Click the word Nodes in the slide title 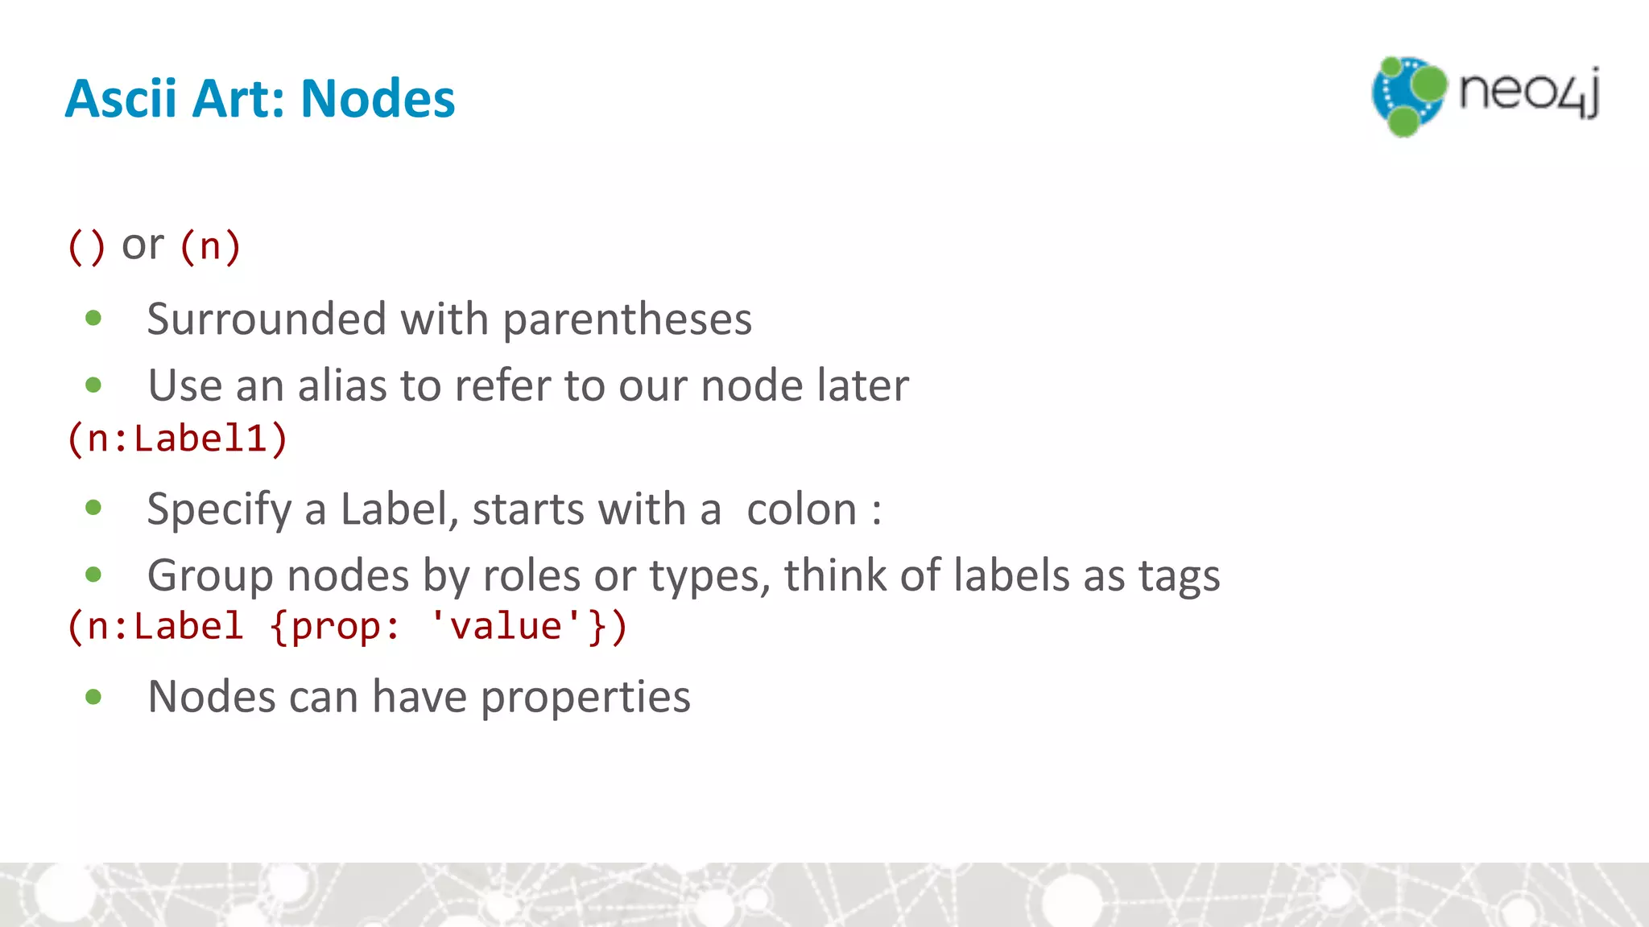pyautogui.click(x=378, y=99)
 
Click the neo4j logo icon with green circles pyautogui.click(x=1407, y=96)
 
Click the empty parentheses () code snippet pyautogui.click(x=86, y=246)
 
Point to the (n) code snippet pyautogui.click(x=209, y=246)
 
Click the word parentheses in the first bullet pyautogui.click(x=627, y=319)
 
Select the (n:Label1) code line pyautogui.click(x=177, y=439)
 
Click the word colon pyautogui.click(x=801, y=509)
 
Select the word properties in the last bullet pyautogui.click(x=585, y=697)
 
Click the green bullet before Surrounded pyautogui.click(x=93, y=319)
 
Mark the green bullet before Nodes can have pyautogui.click(x=93, y=697)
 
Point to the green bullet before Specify pyautogui.click(x=93, y=508)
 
